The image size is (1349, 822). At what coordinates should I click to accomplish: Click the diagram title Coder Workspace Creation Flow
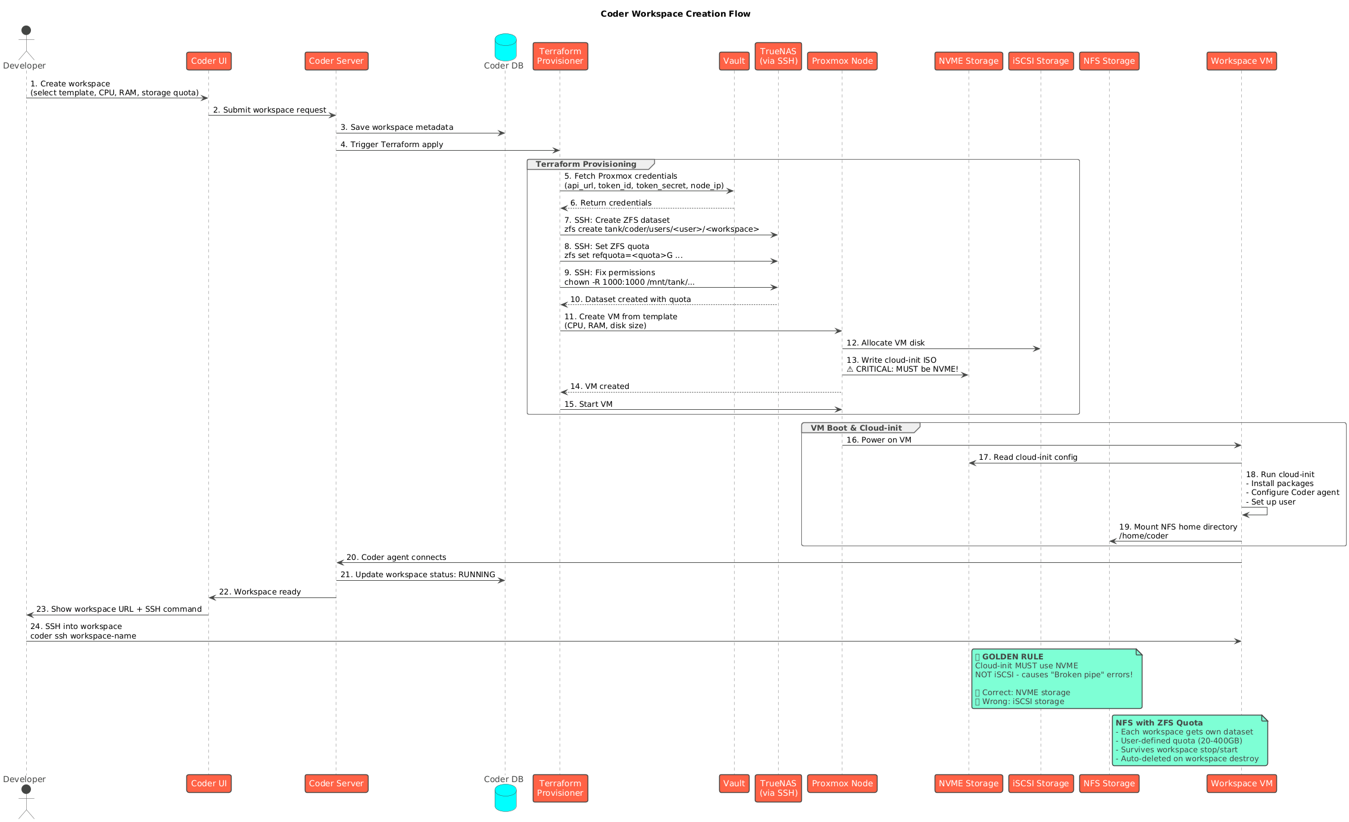point(675,14)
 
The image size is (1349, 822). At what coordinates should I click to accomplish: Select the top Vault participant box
point(733,61)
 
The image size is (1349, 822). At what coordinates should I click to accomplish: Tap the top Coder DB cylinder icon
point(505,47)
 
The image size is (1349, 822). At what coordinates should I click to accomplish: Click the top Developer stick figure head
point(26,30)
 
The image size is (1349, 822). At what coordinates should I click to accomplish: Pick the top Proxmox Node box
point(842,61)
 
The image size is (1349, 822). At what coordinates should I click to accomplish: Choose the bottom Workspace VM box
point(1241,783)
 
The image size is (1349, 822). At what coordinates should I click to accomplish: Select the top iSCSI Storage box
point(1041,61)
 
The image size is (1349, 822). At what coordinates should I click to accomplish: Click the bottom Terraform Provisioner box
point(560,788)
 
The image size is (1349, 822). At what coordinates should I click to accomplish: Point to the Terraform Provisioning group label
point(586,164)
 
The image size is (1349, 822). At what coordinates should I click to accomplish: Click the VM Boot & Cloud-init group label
point(856,428)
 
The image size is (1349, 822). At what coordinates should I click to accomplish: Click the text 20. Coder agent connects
point(396,558)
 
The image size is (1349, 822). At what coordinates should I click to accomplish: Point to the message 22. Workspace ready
point(260,592)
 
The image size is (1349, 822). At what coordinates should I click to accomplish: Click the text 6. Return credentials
point(610,203)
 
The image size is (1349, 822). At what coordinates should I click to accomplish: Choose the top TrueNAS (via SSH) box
point(777,56)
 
